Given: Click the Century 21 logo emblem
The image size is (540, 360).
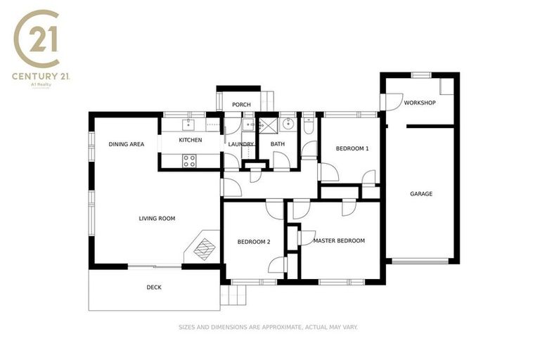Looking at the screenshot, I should click(41, 39).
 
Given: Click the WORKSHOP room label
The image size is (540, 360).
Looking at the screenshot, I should click(420, 103).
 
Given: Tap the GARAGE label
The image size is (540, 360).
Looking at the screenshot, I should click(421, 193).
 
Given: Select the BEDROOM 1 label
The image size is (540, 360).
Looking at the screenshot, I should click(352, 148).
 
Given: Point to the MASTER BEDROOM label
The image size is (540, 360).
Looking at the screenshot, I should click(339, 240).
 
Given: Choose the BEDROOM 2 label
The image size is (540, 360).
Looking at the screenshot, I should click(254, 242).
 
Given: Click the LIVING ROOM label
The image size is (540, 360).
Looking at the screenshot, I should click(157, 219).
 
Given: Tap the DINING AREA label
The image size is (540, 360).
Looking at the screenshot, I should click(127, 144).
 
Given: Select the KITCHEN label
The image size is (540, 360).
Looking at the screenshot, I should click(191, 140).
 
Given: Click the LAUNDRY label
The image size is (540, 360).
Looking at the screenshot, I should click(241, 144).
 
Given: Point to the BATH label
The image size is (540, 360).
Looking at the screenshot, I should click(278, 144).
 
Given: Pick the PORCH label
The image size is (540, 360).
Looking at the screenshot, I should click(241, 105).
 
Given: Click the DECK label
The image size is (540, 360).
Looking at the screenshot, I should click(154, 287).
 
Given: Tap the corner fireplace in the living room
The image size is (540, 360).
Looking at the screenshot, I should click(204, 247).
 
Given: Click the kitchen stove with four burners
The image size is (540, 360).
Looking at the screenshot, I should click(190, 160).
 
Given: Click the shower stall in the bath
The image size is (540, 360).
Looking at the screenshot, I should click(268, 125).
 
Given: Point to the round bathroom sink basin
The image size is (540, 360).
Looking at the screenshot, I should click(288, 124).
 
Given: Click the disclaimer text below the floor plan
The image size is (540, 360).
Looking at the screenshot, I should click(269, 327).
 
